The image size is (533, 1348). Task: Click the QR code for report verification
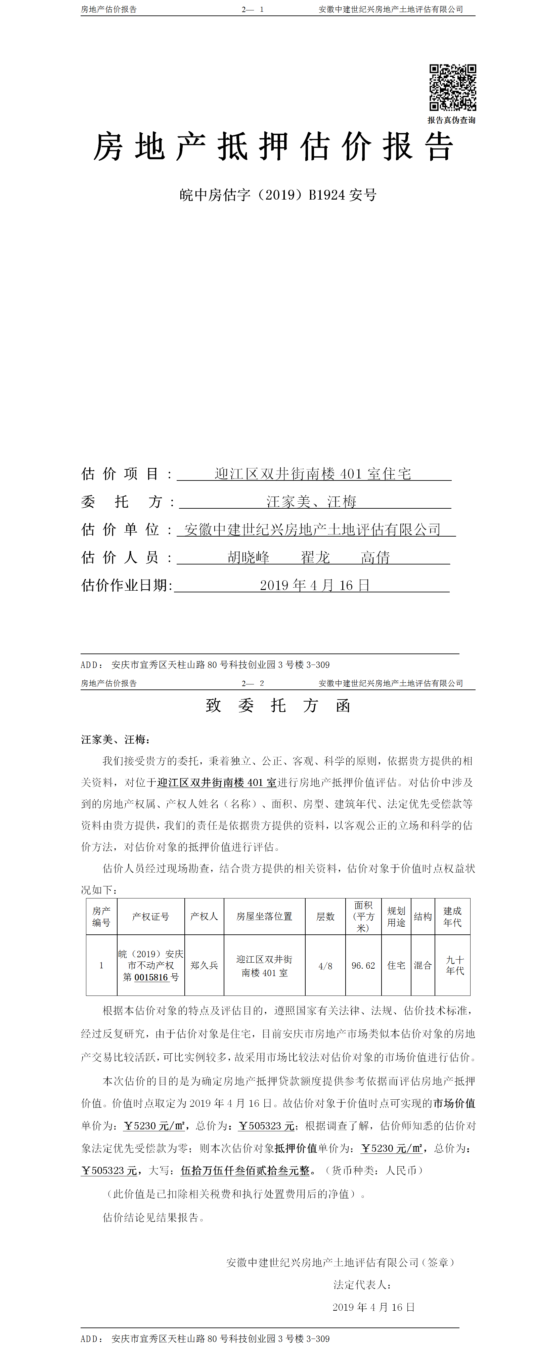[452, 87]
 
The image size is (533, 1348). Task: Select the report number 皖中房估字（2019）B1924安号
[278, 195]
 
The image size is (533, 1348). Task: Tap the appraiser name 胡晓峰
[249, 557]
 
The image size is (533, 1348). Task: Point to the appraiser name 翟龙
[315, 557]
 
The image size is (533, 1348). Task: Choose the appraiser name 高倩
[375, 557]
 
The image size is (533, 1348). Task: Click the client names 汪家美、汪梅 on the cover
[311, 502]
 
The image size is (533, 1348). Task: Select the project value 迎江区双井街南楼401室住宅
[313, 474]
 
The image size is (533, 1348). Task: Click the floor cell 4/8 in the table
[325, 966]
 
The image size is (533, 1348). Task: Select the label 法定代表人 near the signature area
[362, 1285]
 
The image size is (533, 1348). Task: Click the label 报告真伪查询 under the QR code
[451, 120]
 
